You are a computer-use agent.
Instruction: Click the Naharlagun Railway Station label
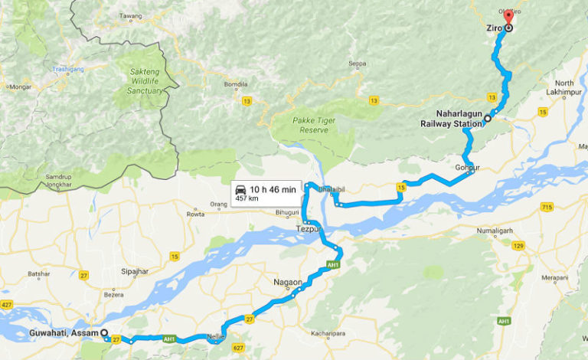click(x=451, y=117)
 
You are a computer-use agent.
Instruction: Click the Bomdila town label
click(x=235, y=83)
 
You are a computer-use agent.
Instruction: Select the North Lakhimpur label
click(x=564, y=87)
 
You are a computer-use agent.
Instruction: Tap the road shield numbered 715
click(x=546, y=208)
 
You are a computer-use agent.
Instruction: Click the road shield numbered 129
click(x=519, y=245)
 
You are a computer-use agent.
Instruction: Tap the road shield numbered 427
click(x=7, y=305)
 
